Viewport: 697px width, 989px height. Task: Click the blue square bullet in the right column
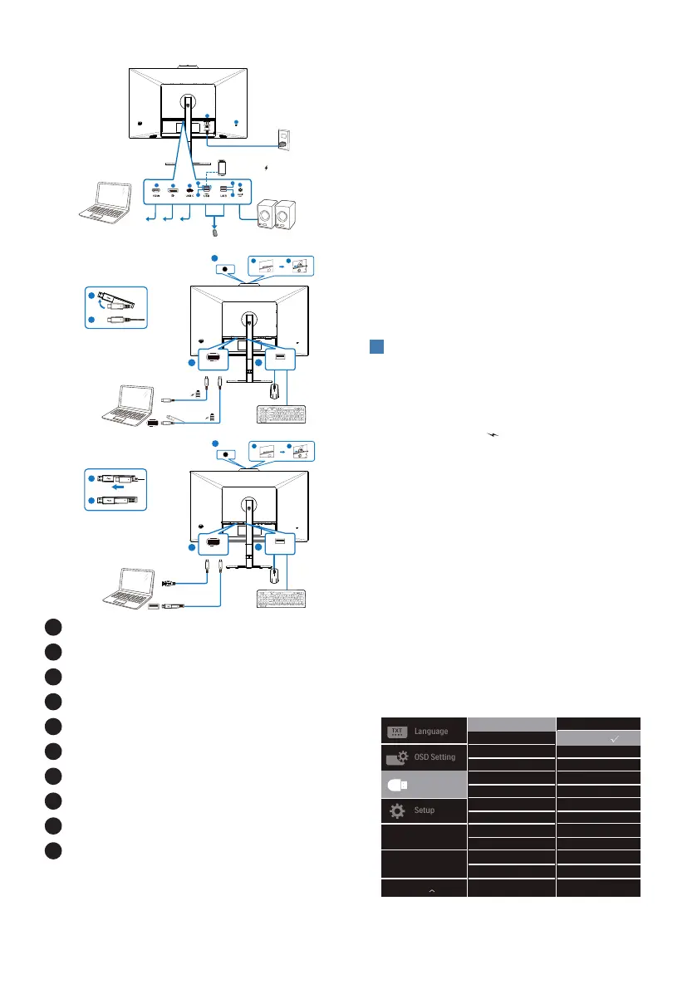click(375, 346)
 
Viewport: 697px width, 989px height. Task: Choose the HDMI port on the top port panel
click(156, 192)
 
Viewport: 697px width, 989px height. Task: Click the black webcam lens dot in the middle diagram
click(223, 269)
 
